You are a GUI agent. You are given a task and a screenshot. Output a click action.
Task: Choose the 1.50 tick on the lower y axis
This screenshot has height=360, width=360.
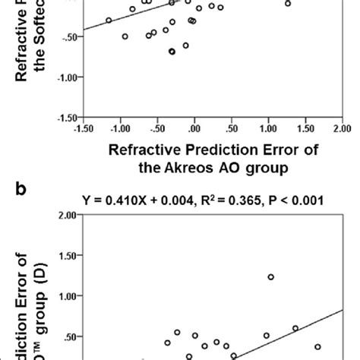click(68, 256)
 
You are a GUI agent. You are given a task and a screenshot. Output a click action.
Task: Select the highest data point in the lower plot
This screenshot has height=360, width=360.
click(270, 277)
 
